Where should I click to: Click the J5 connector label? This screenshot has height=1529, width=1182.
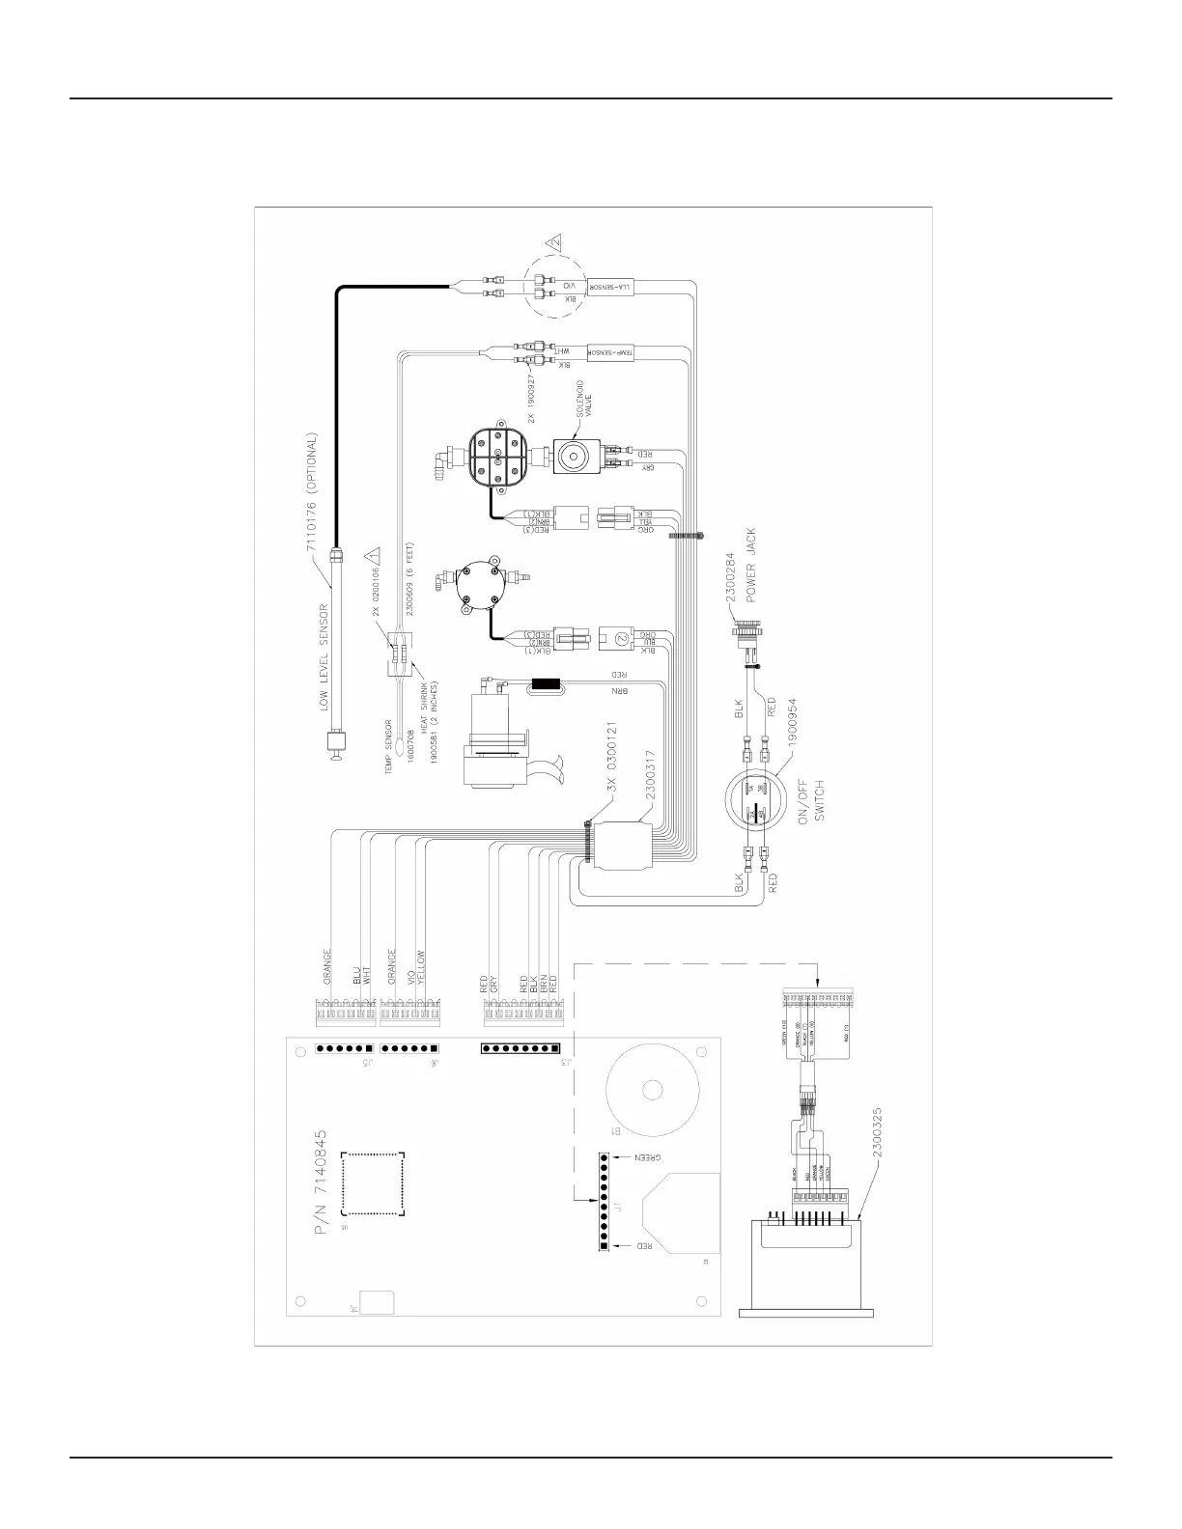coord(366,1064)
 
